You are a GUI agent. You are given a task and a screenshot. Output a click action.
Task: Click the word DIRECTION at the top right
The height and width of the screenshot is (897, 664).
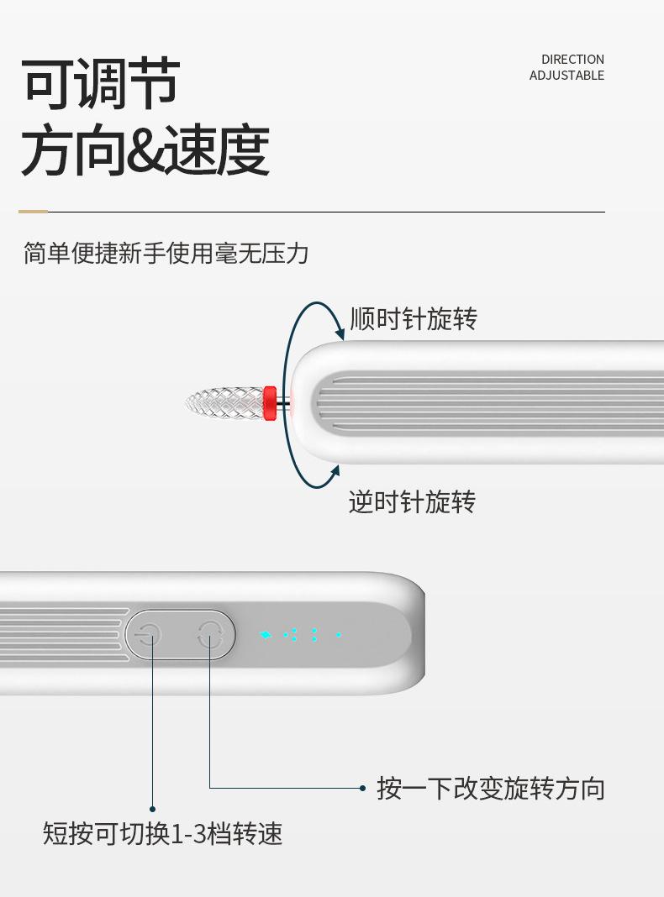pyautogui.click(x=572, y=60)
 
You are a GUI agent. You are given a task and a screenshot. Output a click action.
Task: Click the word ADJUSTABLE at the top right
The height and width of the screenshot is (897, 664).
pyautogui.click(x=567, y=76)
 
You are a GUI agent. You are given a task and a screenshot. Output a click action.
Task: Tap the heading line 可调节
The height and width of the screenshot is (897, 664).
pyautogui.click(x=101, y=85)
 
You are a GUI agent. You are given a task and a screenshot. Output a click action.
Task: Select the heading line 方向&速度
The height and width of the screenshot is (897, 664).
pyautogui.click(x=145, y=151)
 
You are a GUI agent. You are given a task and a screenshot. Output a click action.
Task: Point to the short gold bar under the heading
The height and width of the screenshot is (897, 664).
pyautogui.click(x=33, y=212)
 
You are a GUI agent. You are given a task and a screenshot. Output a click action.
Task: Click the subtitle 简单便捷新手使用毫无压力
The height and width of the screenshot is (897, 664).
pyautogui.click(x=166, y=253)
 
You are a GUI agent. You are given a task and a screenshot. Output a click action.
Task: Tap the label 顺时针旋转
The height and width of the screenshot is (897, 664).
pyautogui.click(x=414, y=319)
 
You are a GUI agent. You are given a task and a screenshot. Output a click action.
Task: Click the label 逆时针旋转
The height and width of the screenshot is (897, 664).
pyautogui.click(x=413, y=502)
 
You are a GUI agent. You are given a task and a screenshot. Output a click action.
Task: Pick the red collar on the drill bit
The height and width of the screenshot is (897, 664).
pyautogui.click(x=270, y=403)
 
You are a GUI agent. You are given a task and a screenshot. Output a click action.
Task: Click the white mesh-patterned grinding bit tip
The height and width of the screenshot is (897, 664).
pyautogui.click(x=223, y=404)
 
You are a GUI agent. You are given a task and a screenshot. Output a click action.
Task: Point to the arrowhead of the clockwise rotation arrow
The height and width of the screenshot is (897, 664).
pyautogui.click(x=340, y=335)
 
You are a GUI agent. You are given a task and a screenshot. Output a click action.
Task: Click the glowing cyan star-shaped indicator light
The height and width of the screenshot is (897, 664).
pyautogui.click(x=266, y=635)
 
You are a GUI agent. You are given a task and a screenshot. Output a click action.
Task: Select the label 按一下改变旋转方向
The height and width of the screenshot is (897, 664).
pyautogui.click(x=491, y=789)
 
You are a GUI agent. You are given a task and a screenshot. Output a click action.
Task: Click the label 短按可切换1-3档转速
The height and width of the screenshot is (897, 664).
pyautogui.click(x=163, y=834)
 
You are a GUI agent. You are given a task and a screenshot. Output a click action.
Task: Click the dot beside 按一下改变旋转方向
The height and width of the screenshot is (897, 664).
pyautogui.click(x=362, y=788)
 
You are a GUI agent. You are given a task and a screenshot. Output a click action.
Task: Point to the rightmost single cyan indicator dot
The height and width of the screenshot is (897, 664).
pyautogui.click(x=339, y=635)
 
